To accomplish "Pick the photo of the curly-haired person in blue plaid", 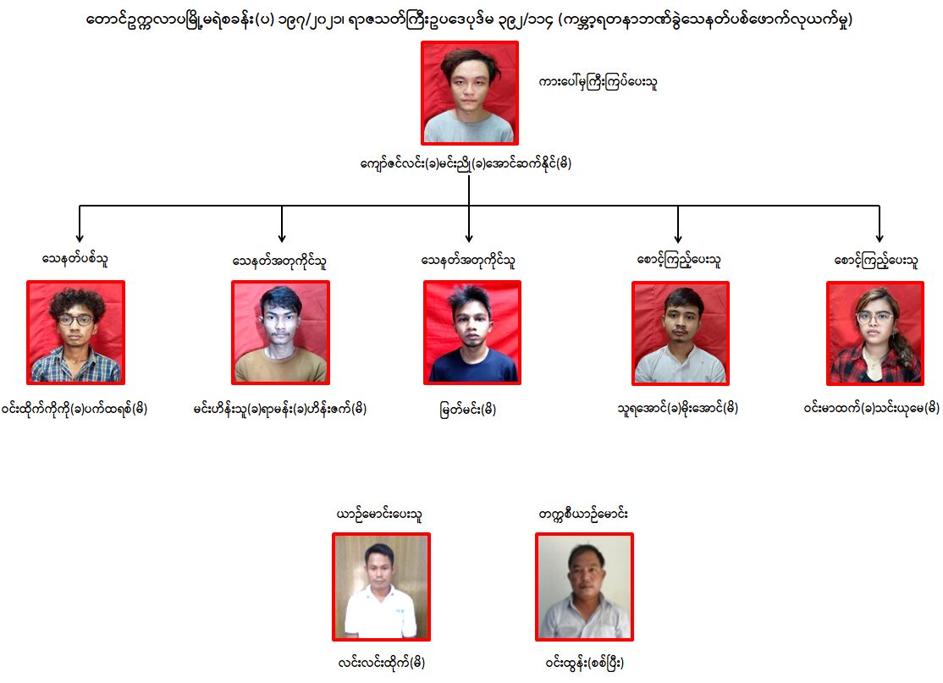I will pyautogui.click(x=75, y=333).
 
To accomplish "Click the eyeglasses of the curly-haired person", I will pyautogui.click(x=76, y=320).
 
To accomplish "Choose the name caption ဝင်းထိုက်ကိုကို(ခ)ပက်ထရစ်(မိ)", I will pyautogui.click(x=75, y=409).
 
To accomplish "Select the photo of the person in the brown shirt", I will pyautogui.click(x=280, y=333).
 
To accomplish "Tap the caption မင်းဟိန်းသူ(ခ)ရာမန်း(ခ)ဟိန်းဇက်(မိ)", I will pyautogui.click(x=279, y=409).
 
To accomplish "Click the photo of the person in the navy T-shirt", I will pyautogui.click(x=471, y=333).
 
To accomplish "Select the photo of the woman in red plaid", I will pyautogui.click(x=874, y=333).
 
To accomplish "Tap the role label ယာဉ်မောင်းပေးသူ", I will pyautogui.click(x=380, y=514).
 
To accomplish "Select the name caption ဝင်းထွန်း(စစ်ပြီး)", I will pyautogui.click(x=585, y=661).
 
